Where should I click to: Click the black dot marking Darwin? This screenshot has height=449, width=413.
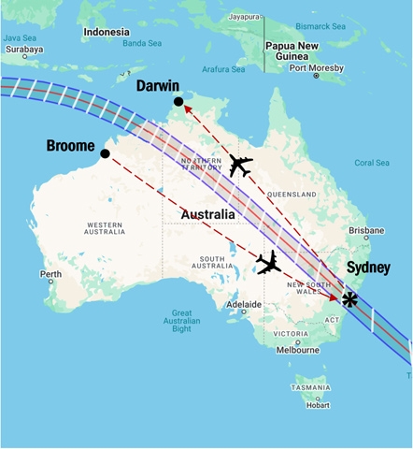tap(178, 101)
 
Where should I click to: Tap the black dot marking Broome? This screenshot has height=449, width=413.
tap(105, 153)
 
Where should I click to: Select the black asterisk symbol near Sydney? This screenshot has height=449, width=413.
tap(349, 299)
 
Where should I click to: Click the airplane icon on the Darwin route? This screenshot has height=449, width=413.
tap(240, 166)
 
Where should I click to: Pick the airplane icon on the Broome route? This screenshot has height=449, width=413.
tap(269, 263)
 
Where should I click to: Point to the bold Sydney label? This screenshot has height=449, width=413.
tap(368, 268)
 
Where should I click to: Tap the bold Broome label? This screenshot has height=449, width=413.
tap(70, 146)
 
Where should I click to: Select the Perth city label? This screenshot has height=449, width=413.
tap(50, 274)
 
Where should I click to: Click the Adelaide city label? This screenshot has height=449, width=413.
tap(245, 304)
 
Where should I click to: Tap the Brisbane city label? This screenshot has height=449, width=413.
tap(366, 230)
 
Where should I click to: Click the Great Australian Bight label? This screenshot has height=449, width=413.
tap(194, 321)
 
